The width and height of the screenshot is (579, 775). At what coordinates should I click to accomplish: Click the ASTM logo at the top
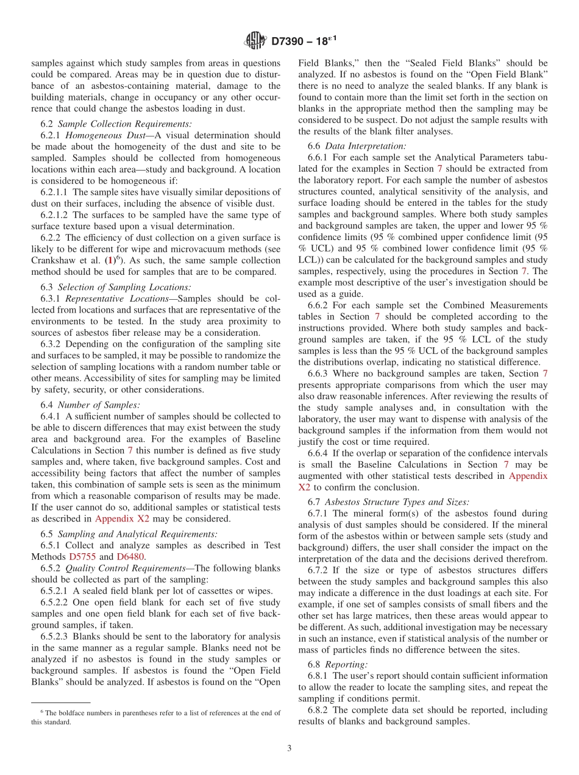[x=255, y=41]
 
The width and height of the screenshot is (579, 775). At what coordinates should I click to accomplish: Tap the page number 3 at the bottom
[x=289, y=748]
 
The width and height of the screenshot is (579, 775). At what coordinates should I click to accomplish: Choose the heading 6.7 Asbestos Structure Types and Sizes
[x=388, y=501]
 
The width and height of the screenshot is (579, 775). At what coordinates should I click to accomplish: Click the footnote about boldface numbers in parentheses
[x=156, y=717]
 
